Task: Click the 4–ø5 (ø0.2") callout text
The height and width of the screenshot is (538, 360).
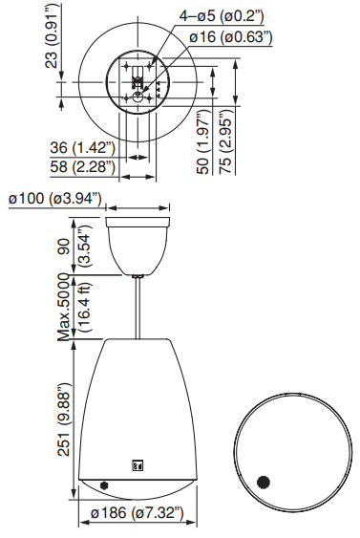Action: click(222, 15)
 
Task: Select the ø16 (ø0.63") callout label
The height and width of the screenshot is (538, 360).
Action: click(230, 36)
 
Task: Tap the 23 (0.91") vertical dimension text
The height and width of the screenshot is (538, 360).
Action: click(53, 36)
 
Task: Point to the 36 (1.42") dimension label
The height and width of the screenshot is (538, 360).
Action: click(83, 148)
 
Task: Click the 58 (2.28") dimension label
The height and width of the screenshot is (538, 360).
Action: click(83, 167)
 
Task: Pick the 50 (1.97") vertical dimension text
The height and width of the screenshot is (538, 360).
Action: click(204, 141)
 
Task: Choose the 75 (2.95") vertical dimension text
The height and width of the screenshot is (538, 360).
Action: click(226, 141)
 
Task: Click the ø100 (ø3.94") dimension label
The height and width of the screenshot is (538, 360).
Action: click(55, 199)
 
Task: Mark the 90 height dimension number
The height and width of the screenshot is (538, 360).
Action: click(63, 247)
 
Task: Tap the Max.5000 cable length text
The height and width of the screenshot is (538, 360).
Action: click(65, 307)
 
